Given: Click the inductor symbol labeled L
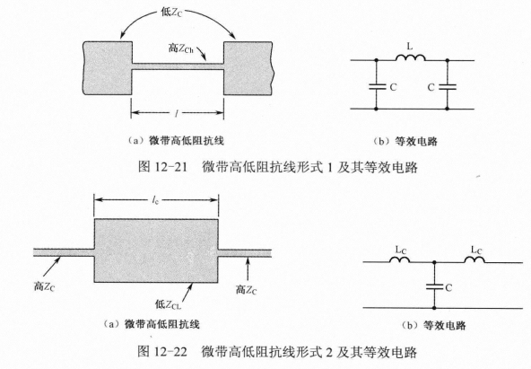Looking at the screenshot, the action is pyautogui.click(x=411, y=57).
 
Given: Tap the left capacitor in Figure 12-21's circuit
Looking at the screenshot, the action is pyautogui.click(x=376, y=87).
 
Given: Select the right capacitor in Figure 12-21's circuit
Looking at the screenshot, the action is pyautogui.click(x=448, y=87).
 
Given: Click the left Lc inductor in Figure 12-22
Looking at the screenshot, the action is pyautogui.click(x=400, y=259).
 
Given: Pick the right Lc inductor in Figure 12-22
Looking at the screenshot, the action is pyautogui.click(x=474, y=259).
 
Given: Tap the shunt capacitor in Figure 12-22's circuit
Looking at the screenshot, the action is pyautogui.click(x=434, y=287).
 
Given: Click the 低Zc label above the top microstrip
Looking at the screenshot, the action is pyautogui.click(x=171, y=13).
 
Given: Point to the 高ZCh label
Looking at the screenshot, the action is pyautogui.click(x=181, y=48).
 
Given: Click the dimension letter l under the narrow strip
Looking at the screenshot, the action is pyautogui.click(x=177, y=113).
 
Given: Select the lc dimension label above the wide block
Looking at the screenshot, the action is pyautogui.click(x=155, y=200).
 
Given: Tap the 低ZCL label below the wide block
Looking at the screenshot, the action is pyautogui.click(x=168, y=304).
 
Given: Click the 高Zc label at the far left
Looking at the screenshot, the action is pyautogui.click(x=44, y=286).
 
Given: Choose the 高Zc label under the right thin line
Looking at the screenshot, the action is pyautogui.click(x=246, y=290).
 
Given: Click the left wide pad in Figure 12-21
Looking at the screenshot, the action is pyautogui.click(x=108, y=67).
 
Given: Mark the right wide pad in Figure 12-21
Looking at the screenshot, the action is pyautogui.click(x=248, y=67).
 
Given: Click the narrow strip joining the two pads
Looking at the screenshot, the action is pyautogui.click(x=178, y=66).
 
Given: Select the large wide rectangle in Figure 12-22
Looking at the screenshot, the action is pyautogui.click(x=156, y=250).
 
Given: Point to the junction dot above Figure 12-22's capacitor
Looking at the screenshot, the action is pyautogui.click(x=434, y=262).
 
